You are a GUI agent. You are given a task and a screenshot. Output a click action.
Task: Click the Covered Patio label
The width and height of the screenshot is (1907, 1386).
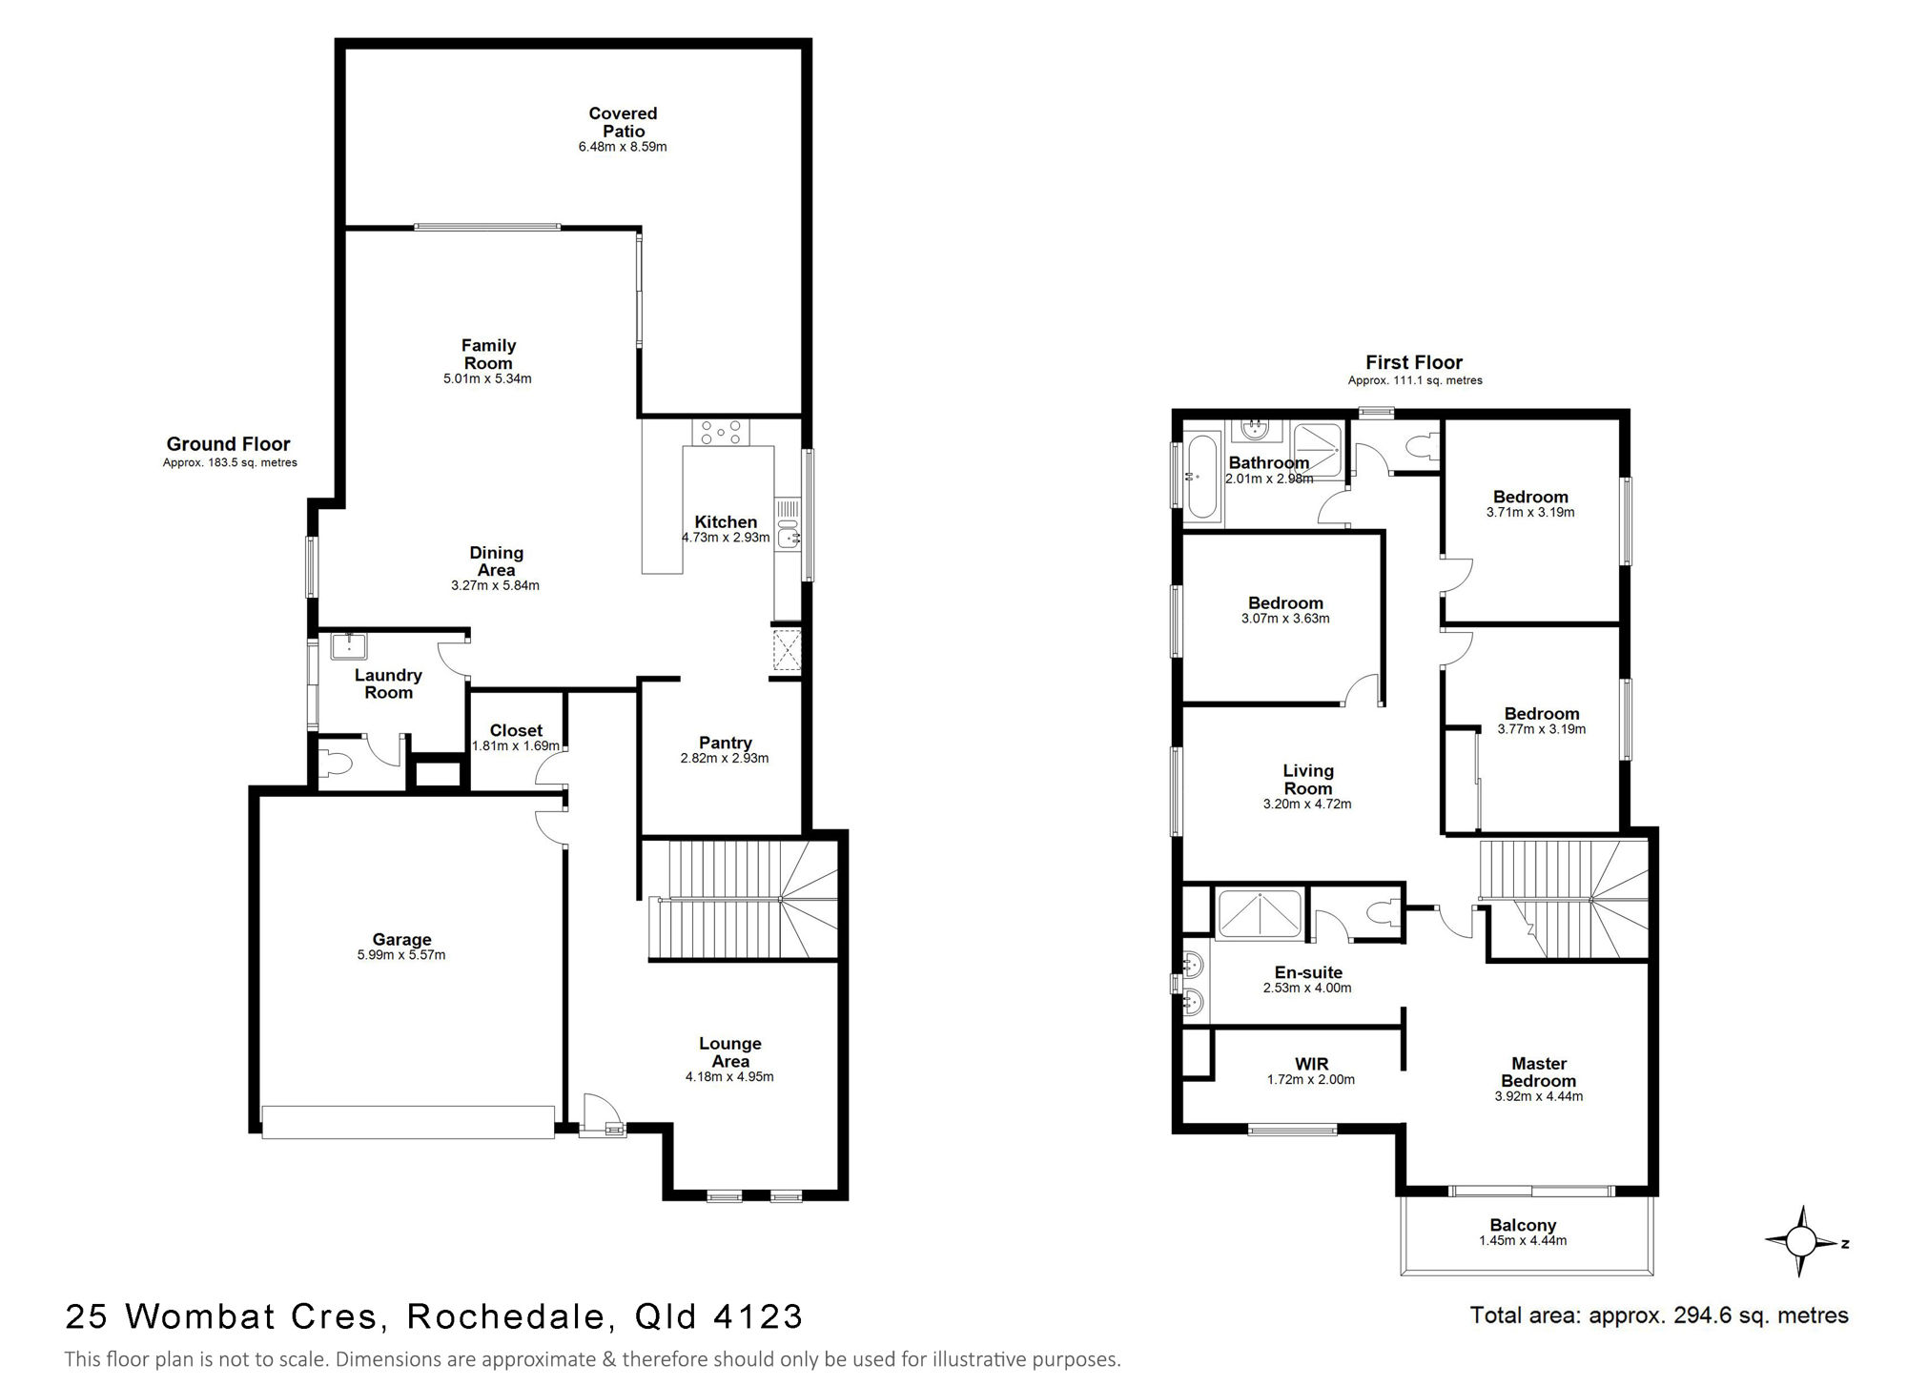[623, 122]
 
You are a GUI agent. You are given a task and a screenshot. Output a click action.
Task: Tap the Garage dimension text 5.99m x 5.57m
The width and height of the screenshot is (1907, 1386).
[401, 955]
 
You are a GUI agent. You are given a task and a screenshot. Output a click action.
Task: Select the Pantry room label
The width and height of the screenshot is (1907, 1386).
[725, 743]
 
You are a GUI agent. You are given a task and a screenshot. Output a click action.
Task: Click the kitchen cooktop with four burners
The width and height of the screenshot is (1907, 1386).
[722, 432]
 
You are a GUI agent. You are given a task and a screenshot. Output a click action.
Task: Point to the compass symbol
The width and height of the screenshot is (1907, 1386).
[1801, 1242]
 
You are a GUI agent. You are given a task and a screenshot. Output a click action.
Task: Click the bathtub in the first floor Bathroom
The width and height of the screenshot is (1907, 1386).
[1201, 477]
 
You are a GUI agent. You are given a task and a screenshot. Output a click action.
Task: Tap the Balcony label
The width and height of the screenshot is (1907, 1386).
[1523, 1226]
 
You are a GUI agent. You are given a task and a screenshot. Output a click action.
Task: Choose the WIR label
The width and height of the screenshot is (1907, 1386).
[1311, 1064]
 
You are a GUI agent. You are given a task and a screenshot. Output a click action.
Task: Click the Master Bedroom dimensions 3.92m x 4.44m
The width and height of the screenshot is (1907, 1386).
[1539, 1097]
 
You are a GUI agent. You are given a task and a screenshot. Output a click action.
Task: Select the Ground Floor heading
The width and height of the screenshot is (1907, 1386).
[228, 443]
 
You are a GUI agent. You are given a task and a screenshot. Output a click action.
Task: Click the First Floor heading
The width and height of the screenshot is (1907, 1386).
[1414, 362]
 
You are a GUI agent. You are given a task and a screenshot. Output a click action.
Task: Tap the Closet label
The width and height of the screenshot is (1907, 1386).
[516, 731]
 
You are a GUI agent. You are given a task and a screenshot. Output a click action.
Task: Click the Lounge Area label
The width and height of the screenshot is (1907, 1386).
[730, 1052]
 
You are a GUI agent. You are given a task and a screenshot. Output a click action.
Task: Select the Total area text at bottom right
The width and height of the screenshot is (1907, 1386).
[1659, 1316]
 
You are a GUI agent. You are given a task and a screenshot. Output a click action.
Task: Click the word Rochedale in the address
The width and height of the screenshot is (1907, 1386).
[506, 1316]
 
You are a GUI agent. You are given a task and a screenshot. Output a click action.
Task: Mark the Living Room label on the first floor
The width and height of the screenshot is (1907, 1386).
[1307, 780]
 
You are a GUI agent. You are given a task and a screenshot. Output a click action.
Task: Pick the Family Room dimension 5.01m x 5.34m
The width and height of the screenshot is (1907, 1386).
[487, 379]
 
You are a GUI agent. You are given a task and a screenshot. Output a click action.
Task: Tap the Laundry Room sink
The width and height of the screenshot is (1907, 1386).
[349, 645]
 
